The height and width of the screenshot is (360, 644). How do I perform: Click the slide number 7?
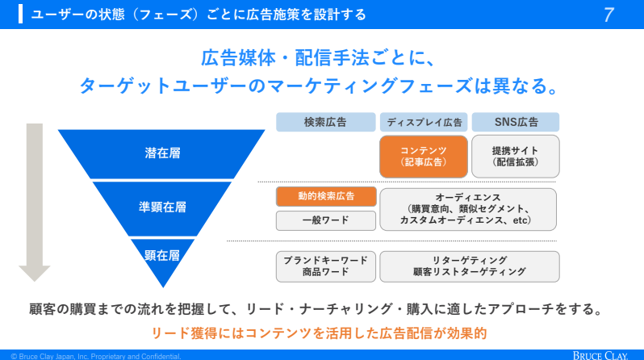tap(608, 15)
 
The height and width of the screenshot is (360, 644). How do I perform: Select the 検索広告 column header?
tap(326, 122)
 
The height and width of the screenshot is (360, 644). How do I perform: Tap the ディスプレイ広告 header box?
tap(424, 122)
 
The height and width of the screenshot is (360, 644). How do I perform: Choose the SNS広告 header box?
tap(516, 122)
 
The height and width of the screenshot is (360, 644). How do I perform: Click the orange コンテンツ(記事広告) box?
tap(424, 157)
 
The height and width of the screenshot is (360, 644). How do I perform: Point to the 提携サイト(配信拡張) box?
tap(516, 157)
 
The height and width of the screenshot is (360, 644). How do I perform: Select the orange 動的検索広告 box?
tap(326, 196)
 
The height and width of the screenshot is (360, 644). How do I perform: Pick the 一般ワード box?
tap(326, 220)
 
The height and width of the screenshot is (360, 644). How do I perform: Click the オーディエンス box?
tap(468, 209)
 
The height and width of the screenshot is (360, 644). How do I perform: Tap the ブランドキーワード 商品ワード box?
tap(326, 266)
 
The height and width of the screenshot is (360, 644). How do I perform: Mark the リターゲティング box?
tap(470, 266)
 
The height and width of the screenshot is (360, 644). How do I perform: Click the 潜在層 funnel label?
tap(163, 153)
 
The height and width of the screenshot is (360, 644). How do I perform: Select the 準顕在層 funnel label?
tap(163, 207)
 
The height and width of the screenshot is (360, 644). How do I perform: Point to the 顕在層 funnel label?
tap(162, 256)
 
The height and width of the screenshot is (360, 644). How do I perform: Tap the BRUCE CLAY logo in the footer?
tap(600, 355)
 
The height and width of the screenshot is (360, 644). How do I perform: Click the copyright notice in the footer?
tap(96, 356)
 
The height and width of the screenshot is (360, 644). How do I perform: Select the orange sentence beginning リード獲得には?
tap(319, 333)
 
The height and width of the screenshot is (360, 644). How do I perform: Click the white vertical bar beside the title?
tap(20, 15)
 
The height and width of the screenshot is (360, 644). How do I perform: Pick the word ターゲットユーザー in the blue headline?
tap(165, 86)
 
